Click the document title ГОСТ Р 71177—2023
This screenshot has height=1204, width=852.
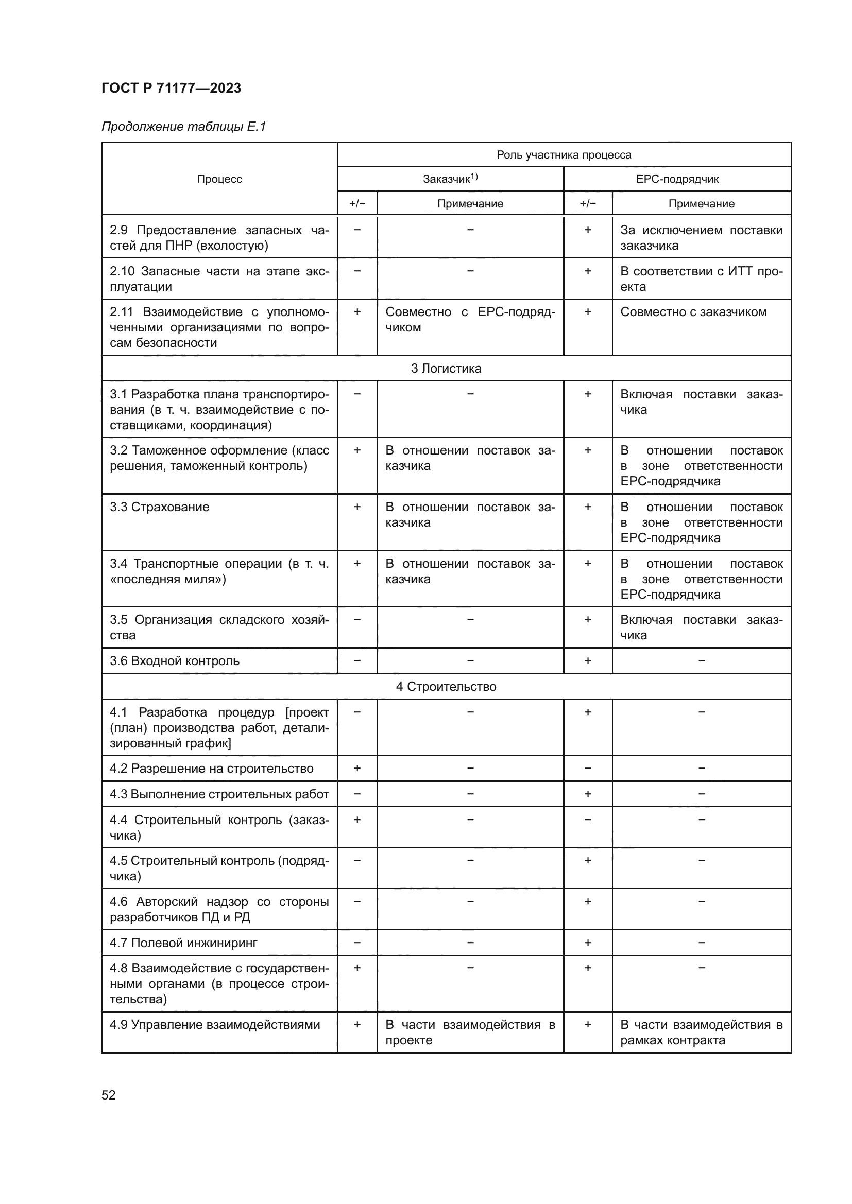(171, 88)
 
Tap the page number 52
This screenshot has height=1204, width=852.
(109, 1095)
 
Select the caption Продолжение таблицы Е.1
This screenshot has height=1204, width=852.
(183, 127)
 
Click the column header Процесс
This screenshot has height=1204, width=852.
(219, 179)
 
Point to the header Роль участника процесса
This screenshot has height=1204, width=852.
(564, 155)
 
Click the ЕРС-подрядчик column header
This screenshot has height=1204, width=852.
(677, 179)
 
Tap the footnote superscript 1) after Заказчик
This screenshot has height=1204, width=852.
(474, 176)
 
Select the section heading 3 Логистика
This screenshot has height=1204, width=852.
(446, 368)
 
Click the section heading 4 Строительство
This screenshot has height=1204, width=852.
(446, 687)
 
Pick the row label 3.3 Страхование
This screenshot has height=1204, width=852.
(160, 507)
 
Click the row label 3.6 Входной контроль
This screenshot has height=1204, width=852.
(175, 661)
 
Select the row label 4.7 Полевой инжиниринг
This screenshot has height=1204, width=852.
(183, 943)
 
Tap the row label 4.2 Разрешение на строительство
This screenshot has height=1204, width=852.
(211, 769)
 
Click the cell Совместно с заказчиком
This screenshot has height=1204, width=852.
(693, 312)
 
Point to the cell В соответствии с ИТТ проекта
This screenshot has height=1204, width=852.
(701, 278)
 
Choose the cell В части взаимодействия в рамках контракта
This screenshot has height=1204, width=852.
(701, 1033)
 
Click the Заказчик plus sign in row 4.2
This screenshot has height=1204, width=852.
(357, 768)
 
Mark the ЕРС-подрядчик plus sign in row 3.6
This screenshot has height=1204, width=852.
(588, 660)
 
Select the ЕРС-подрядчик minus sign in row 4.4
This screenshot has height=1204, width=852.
(588, 819)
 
